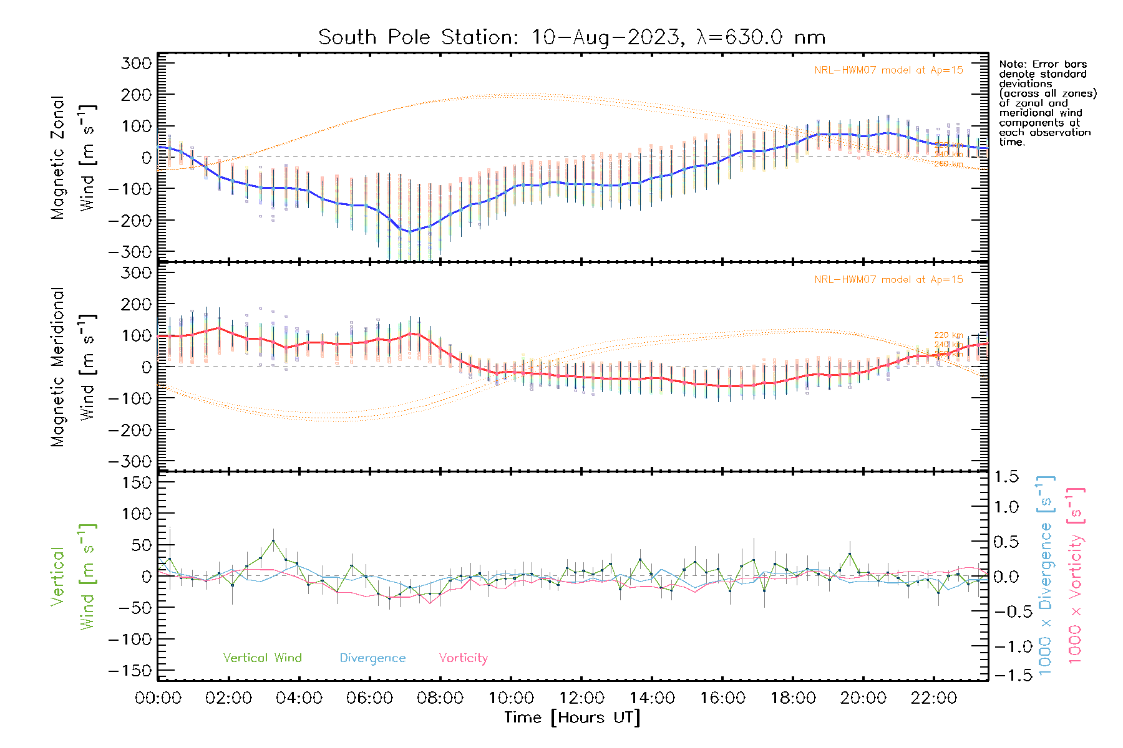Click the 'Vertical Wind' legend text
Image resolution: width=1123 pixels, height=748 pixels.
coord(262,658)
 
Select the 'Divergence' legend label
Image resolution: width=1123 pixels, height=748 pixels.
coord(372,658)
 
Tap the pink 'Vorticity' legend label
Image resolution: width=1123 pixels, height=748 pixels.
coord(463,658)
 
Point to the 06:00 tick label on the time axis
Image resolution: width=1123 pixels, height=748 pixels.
coord(369,698)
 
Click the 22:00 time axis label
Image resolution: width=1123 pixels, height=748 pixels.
coord(933,698)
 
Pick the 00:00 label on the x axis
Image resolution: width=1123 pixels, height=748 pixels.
coord(158,698)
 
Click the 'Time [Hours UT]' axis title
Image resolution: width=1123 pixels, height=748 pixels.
coord(572,717)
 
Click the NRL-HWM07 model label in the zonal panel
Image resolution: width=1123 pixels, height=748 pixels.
coord(888,70)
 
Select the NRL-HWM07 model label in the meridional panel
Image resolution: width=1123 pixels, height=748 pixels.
coord(888,280)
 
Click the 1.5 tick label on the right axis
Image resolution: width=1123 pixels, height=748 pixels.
coord(1006,477)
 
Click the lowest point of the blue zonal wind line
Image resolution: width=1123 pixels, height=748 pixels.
coord(409,232)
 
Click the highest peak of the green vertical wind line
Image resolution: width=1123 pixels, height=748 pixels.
coord(273,540)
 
